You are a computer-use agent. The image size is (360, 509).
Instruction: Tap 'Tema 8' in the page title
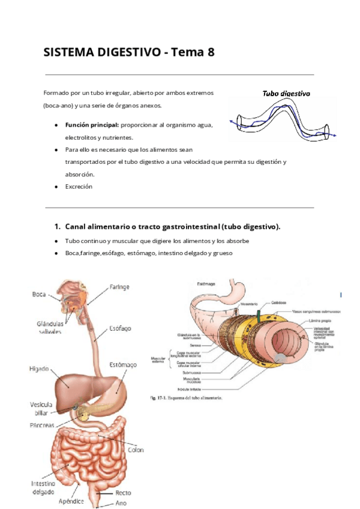193,53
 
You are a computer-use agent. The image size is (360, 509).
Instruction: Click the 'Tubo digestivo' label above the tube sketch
286,94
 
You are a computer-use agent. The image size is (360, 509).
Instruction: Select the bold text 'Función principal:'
92,125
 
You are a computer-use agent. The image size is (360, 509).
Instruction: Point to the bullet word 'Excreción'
79,187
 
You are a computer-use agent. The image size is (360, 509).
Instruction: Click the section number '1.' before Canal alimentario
58,226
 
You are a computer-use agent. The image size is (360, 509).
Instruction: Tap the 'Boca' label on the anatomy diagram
40,294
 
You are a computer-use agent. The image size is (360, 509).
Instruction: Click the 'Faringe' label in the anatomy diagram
119,288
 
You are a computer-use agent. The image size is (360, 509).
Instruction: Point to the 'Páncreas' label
42,425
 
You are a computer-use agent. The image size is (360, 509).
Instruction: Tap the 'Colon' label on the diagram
136,449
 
